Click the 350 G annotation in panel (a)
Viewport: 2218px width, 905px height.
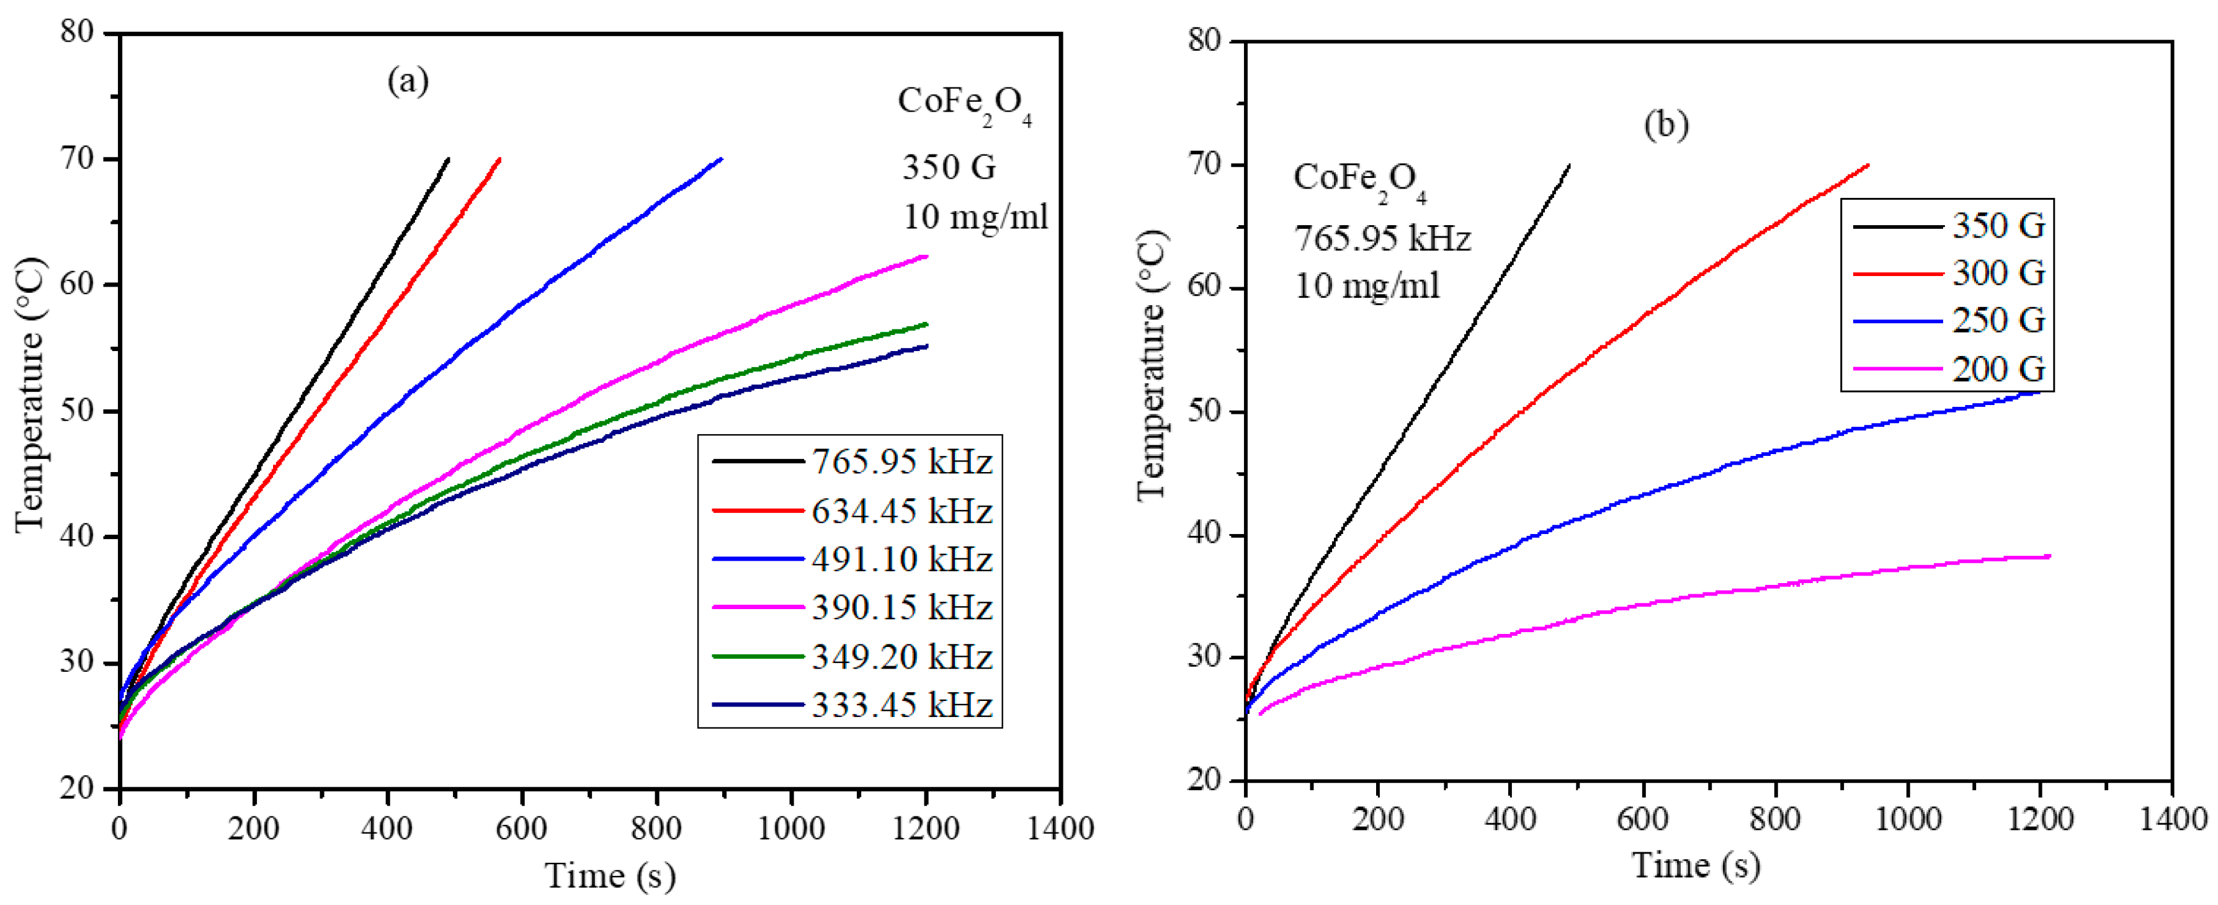[x=949, y=167]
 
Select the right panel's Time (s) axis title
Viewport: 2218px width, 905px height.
[x=1696, y=865]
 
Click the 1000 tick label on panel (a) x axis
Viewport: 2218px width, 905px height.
[x=790, y=828]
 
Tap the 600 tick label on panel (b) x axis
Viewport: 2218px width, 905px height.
[x=1643, y=818]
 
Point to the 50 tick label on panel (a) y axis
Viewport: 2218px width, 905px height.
[x=78, y=410]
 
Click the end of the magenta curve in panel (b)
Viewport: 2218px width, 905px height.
[x=2049, y=556]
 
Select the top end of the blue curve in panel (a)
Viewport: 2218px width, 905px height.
[x=722, y=158]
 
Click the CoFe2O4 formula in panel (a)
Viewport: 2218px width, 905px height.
[x=964, y=104]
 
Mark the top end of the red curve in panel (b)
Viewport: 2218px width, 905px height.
[x=1867, y=164]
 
